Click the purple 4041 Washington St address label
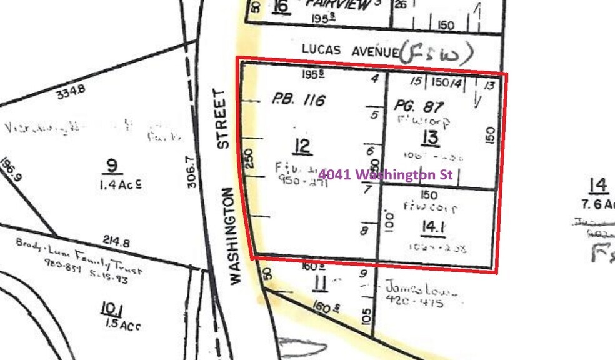pyautogui.click(x=385, y=175)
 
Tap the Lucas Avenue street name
pyautogui.click(x=349, y=49)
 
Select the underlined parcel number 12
pyautogui.click(x=302, y=147)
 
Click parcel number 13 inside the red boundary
pyautogui.click(x=431, y=138)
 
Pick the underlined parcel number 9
pyautogui.click(x=112, y=166)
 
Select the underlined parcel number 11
pyautogui.click(x=320, y=284)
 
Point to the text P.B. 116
pyautogui.click(x=298, y=99)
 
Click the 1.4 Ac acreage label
pyautogui.click(x=119, y=184)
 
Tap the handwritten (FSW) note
pyautogui.click(x=436, y=54)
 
